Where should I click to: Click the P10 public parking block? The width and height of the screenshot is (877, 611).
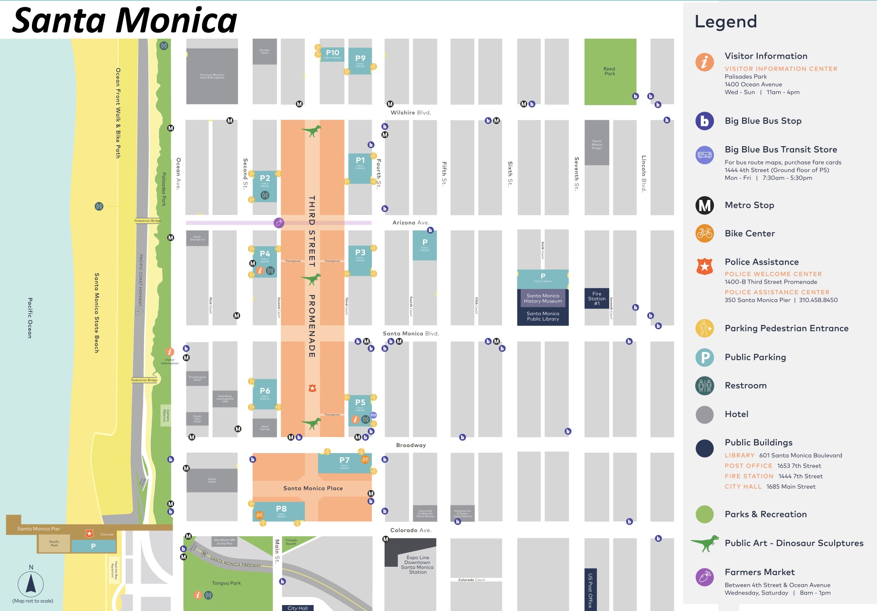[332, 54]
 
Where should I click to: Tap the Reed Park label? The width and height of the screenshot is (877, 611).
[610, 71]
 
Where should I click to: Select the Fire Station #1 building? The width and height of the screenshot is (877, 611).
[596, 298]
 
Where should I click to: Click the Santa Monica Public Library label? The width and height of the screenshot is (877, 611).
[543, 316]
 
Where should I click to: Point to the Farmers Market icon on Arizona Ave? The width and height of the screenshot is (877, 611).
[279, 223]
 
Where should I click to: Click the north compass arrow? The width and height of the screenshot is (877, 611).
[31, 583]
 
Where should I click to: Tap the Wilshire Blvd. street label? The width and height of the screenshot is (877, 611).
[410, 112]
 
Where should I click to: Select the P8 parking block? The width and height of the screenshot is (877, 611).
[281, 510]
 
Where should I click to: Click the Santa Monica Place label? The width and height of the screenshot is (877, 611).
[313, 488]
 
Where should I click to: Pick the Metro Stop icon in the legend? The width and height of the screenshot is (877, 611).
[704, 205]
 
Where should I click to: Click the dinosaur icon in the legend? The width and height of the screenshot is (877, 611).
[705, 543]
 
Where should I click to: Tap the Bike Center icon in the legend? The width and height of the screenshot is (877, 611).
[704, 234]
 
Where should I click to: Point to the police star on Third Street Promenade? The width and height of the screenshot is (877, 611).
[312, 388]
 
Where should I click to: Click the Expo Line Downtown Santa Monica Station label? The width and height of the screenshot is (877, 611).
[417, 565]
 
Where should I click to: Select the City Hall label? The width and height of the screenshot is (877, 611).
[297, 608]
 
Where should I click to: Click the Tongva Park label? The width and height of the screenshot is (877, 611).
[226, 583]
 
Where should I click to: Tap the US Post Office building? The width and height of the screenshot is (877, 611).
[590, 589]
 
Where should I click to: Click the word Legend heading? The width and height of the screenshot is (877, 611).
[725, 22]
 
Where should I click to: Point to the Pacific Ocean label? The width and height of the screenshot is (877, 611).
[30, 317]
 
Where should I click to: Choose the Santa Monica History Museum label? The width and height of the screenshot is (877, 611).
[543, 298]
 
